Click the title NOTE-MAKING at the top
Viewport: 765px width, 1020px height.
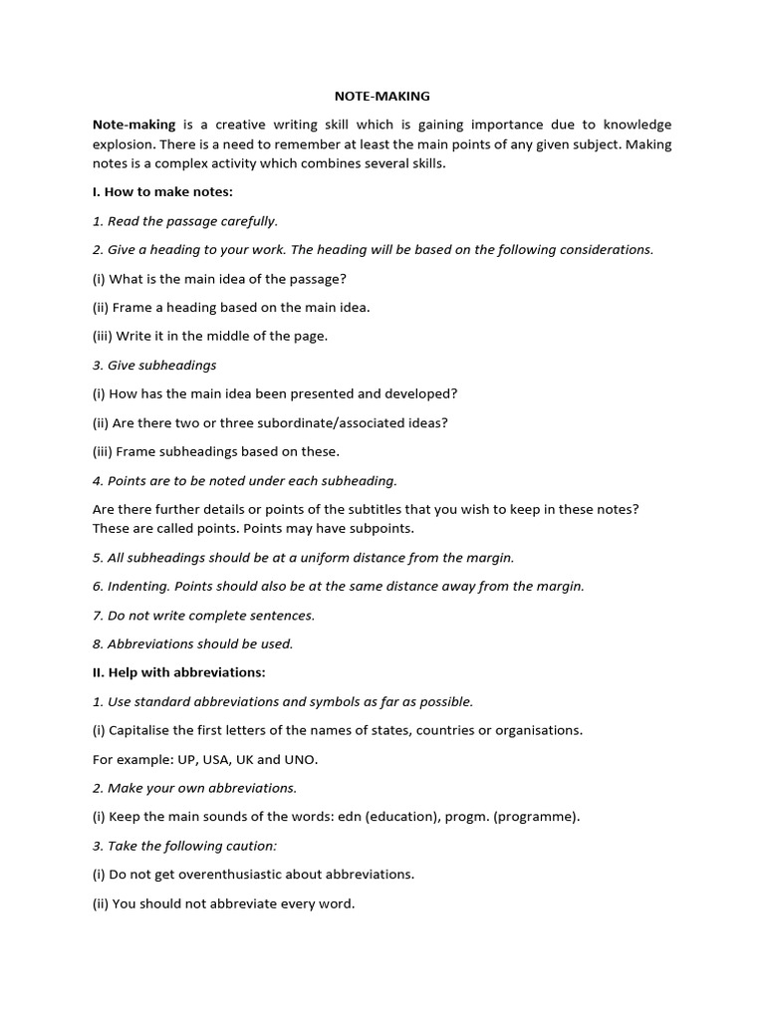click(x=382, y=97)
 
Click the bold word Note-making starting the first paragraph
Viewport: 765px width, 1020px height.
click(x=133, y=126)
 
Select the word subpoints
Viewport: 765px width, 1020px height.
click(x=381, y=528)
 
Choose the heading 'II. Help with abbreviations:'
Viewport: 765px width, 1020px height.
click(x=179, y=672)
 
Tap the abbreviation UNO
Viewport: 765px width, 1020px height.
click(x=301, y=759)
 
